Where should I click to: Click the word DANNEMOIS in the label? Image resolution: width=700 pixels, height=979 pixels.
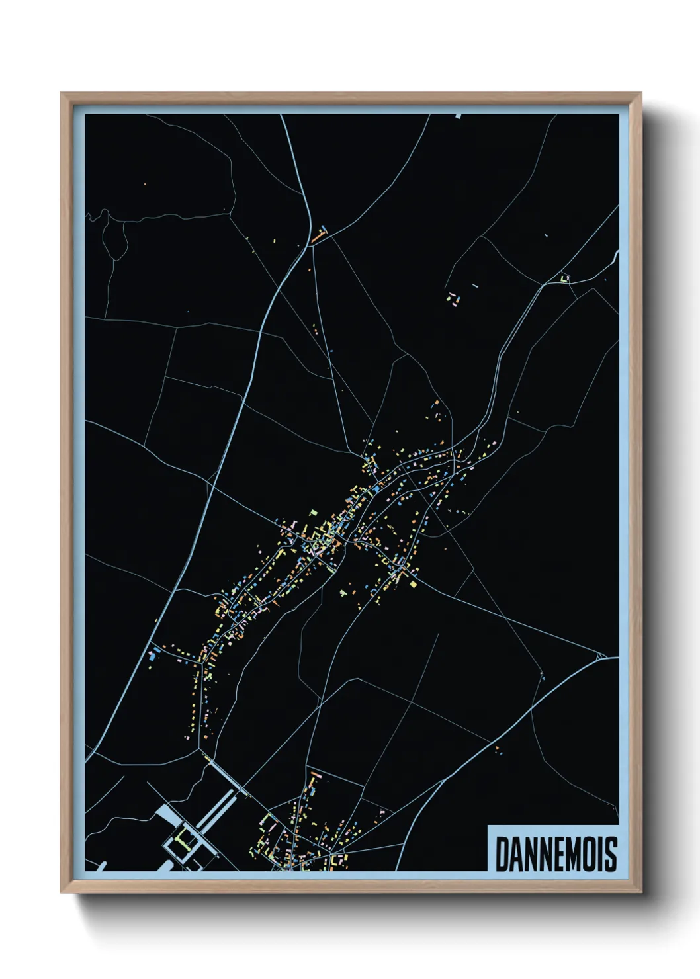556,854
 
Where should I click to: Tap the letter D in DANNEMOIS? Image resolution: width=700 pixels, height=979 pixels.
502,854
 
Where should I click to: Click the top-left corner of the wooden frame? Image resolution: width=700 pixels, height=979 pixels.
62,93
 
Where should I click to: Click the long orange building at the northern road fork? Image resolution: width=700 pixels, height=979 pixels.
319,234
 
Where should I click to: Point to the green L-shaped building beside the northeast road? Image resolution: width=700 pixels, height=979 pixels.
564,278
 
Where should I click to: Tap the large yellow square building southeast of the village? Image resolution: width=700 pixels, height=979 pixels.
414,583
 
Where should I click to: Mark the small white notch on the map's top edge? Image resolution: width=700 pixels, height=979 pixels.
458,116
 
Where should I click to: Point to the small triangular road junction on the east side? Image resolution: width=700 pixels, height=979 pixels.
600,656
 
